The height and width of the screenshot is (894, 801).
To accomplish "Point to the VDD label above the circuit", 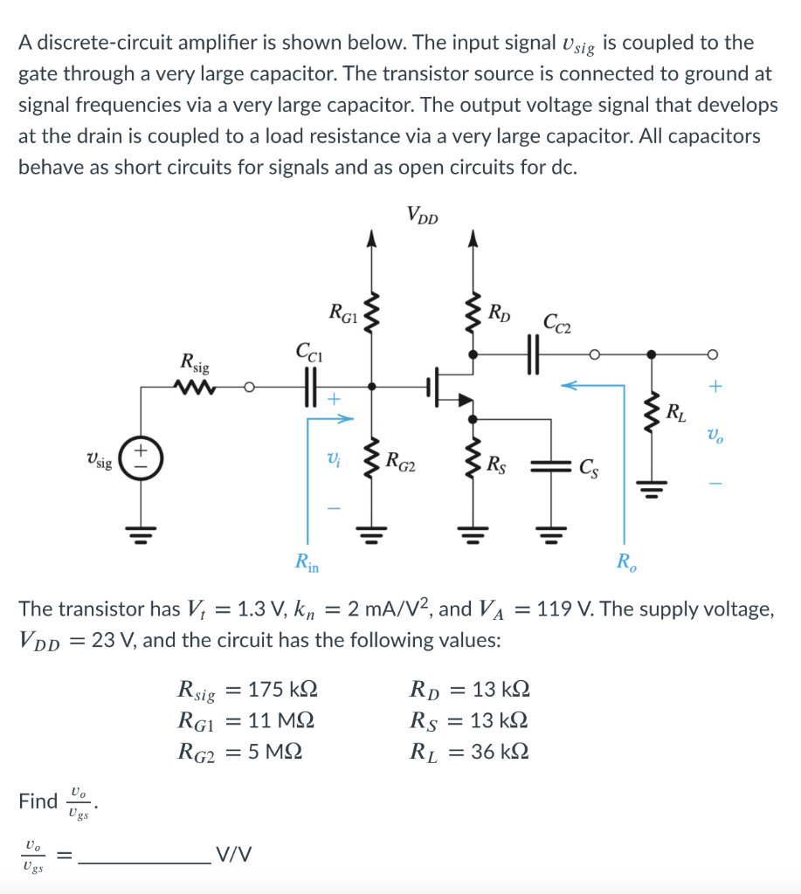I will pyautogui.click(x=423, y=216).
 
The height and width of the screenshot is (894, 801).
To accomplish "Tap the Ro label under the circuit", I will pyautogui.click(x=625, y=560).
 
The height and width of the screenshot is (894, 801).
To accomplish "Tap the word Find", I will pyautogui.click(x=38, y=801).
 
